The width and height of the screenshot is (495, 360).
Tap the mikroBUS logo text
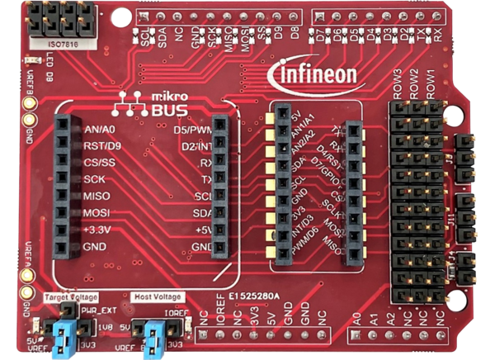(x=142, y=104)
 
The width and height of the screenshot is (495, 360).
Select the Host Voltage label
(x=158, y=296)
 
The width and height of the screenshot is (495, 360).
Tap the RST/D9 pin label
(x=101, y=146)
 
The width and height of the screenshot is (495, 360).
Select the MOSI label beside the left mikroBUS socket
(x=97, y=213)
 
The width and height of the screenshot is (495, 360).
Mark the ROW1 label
(x=431, y=85)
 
